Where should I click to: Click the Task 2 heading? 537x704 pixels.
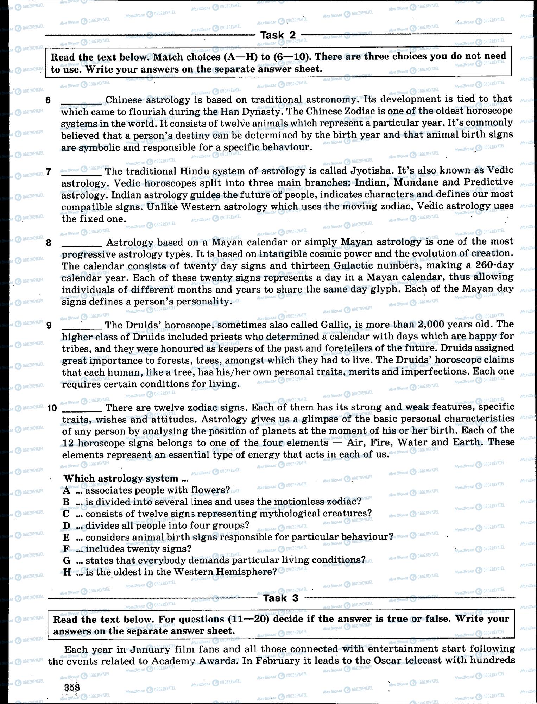pos(278,35)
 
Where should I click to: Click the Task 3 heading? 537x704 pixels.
pos(280,598)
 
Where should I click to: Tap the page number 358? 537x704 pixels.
pos(72,687)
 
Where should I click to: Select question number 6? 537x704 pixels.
pos(48,100)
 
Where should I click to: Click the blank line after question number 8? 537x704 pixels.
pos(82,244)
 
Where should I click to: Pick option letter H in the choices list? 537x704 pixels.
pos(67,572)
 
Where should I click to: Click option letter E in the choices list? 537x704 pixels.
pos(67,537)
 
